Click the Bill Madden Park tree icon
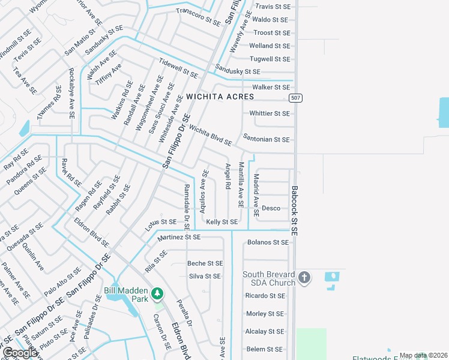[x=157, y=293]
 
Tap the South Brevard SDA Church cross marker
[x=304, y=277]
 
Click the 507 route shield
[x=295, y=98]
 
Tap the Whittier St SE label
[x=270, y=113]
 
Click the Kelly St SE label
[x=222, y=222]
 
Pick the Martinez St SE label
[x=179, y=238]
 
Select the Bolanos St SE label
[x=268, y=242]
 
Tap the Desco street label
[x=271, y=208]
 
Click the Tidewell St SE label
[x=178, y=68]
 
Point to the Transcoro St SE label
[x=198, y=17]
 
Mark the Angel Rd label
[x=228, y=176]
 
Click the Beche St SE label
[x=205, y=263]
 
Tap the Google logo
[x=20, y=353]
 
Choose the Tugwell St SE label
[x=270, y=59]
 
